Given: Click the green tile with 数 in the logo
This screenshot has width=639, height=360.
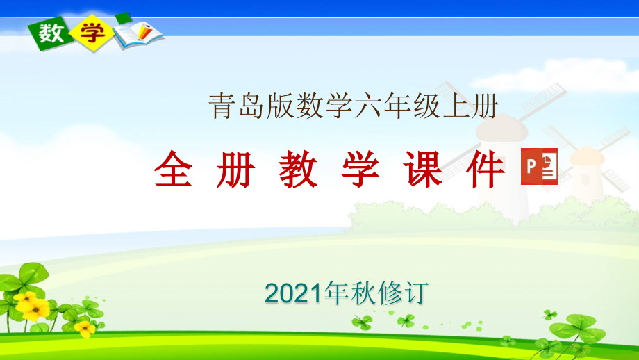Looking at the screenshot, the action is [51, 33].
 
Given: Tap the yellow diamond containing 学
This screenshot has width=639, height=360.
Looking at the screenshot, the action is [92, 33].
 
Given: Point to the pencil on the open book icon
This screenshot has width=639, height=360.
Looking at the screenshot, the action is [145, 31].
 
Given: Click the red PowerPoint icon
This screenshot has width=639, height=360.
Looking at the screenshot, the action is [539, 166].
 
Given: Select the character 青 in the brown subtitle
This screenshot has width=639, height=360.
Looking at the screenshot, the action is [223, 106].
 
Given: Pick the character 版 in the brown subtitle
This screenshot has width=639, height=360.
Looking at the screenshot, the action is [281, 106].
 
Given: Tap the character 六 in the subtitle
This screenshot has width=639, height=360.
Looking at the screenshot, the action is [369, 106].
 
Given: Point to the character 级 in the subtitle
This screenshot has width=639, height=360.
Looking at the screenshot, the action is [427, 106].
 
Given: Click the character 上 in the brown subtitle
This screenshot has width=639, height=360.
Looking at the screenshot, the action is [456, 106].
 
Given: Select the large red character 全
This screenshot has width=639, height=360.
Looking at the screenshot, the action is [173, 169].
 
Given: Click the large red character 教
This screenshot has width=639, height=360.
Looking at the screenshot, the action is [298, 169].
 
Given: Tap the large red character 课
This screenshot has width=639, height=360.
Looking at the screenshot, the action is [423, 169].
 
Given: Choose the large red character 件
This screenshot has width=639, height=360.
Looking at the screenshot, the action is [486, 169].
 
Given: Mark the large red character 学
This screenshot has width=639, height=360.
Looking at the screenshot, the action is [360, 169].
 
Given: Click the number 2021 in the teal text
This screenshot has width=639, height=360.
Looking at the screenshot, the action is [294, 293].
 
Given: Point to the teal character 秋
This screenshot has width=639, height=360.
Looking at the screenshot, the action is [363, 293].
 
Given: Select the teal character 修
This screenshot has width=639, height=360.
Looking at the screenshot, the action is [390, 293].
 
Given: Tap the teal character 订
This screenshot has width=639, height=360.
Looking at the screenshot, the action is [415, 293].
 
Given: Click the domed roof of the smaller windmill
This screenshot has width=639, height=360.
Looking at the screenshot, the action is [587, 156].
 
